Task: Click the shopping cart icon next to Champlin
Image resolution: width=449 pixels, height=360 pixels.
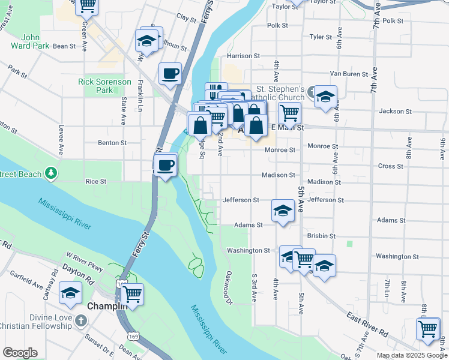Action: pos(132,294)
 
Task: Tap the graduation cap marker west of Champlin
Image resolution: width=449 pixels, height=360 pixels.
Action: pos(71,294)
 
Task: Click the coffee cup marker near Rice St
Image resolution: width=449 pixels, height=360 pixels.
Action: pos(166,165)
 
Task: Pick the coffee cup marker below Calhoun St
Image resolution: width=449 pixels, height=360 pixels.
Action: pos(170,73)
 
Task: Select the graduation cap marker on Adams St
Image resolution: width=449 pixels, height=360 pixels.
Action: pos(283,211)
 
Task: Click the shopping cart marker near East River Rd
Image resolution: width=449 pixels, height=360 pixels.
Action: pos(428,329)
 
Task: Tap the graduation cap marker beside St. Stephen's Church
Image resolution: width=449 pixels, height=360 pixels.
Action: pos(325,97)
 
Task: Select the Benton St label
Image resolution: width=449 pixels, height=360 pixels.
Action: pos(113,143)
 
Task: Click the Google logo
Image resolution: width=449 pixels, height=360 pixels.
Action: pos(20,353)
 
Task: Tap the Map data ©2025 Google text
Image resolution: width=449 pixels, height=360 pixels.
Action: pos(411,355)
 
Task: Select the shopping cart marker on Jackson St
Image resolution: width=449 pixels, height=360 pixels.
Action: pos(289,112)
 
